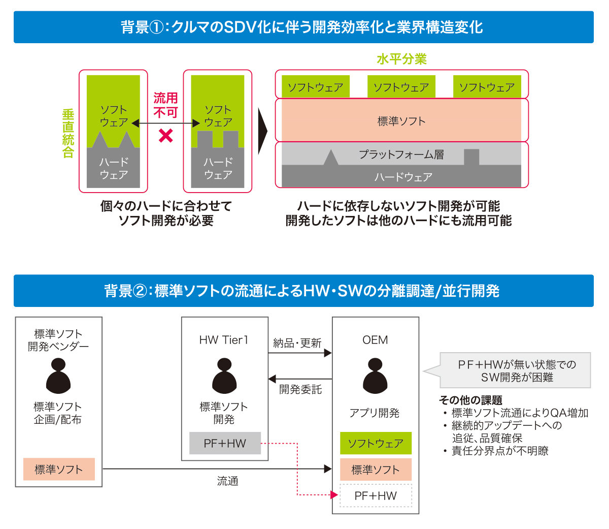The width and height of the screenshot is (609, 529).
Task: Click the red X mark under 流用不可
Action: coord(166,136)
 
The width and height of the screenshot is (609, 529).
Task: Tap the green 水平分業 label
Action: coord(401,59)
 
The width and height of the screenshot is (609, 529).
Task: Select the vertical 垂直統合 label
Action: coord(68,133)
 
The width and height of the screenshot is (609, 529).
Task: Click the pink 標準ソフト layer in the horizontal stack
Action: coord(401,121)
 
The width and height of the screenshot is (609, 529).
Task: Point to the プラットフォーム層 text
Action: coord(401,154)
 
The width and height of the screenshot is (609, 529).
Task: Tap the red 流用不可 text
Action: coord(165,105)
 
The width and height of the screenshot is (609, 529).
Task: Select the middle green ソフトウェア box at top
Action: coord(401,87)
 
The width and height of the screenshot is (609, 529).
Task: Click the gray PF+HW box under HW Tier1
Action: coord(225,443)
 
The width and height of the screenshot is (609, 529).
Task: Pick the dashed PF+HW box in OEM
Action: coord(376,495)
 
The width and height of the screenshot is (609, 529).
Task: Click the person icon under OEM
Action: coord(375,376)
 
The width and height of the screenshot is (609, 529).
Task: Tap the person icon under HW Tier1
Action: coord(224,376)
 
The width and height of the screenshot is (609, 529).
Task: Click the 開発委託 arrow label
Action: coord(300,389)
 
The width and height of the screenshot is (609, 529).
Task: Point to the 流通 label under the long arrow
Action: coord(227,481)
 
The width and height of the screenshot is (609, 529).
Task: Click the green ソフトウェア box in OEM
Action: coord(376,443)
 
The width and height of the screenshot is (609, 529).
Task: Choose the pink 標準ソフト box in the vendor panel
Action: coord(59,469)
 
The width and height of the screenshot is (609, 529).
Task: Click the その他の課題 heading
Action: coord(470,400)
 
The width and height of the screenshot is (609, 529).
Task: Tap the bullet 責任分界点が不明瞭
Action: coord(500,451)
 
